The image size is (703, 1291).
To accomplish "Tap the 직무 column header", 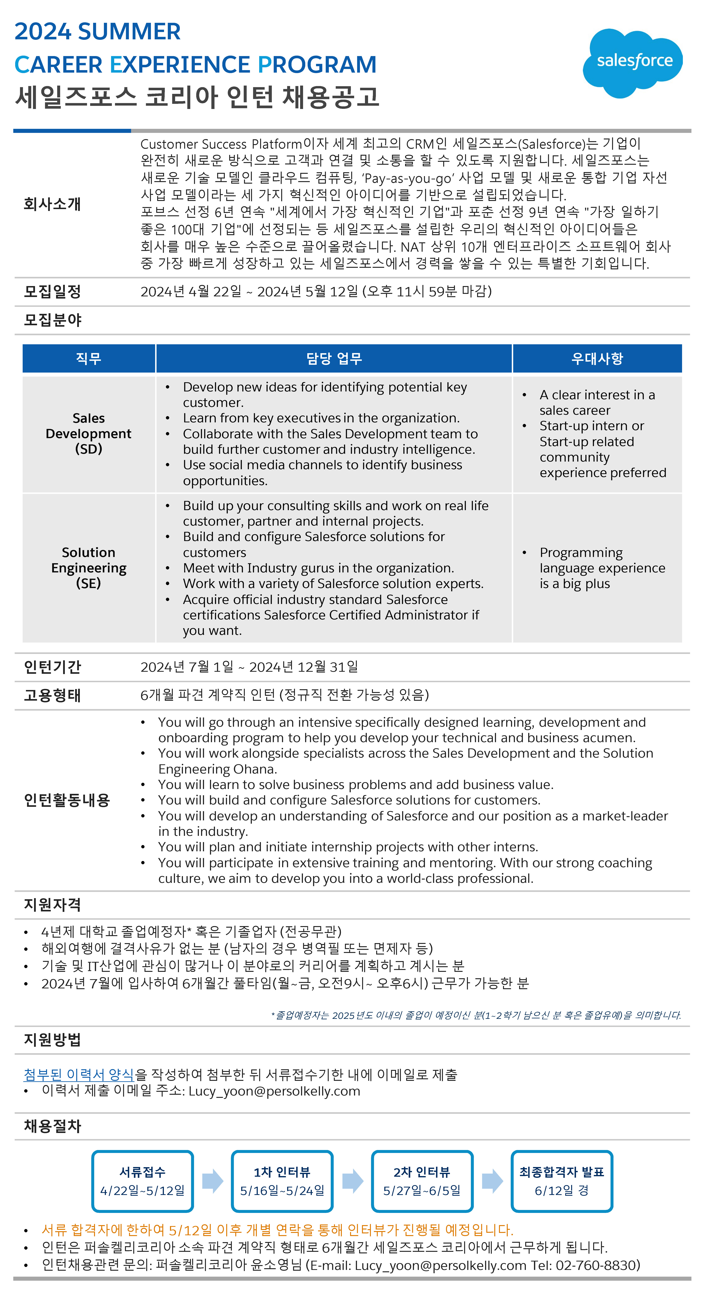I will click(x=89, y=358).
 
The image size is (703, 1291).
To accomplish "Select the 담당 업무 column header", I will click(x=334, y=358).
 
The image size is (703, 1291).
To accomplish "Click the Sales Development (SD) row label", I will click(x=89, y=433).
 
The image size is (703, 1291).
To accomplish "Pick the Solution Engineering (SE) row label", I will click(x=89, y=568).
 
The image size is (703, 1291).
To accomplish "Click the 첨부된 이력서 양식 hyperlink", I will click(x=79, y=1074).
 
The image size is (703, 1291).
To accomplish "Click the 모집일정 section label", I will click(x=53, y=292).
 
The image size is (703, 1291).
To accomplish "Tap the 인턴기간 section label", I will click(x=53, y=667).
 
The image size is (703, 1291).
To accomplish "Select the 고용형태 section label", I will click(x=53, y=695).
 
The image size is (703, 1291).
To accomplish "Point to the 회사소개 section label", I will click(x=53, y=204).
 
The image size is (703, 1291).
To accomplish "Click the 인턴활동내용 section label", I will click(x=67, y=800).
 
